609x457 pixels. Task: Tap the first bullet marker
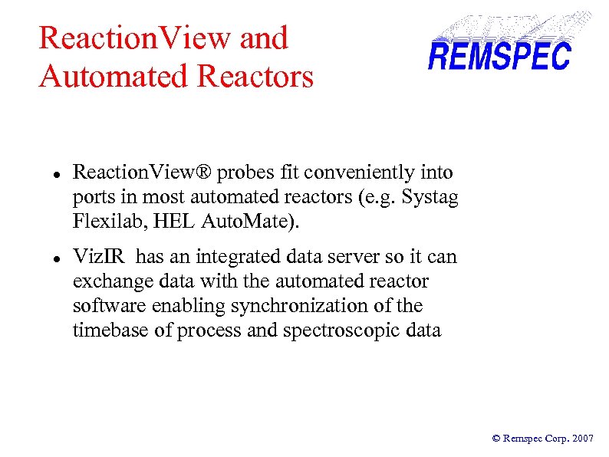pyautogui.click(x=47, y=174)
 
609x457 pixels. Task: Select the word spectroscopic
pyautogui.click(x=345, y=330)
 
